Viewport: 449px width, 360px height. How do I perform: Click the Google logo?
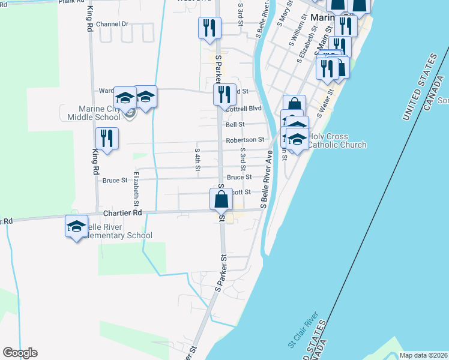[20, 353]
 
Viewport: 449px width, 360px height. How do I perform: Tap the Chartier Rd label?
[122, 213]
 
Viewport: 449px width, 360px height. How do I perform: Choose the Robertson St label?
[245, 140]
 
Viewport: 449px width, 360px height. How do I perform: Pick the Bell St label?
[235, 124]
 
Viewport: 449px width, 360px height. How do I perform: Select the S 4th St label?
[197, 158]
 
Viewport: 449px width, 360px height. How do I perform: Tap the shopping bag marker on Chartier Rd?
[221, 199]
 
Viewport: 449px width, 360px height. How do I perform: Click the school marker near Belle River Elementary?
[76, 227]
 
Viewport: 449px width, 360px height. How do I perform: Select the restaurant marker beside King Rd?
[107, 139]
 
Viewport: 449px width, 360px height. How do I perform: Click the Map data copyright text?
[423, 355]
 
